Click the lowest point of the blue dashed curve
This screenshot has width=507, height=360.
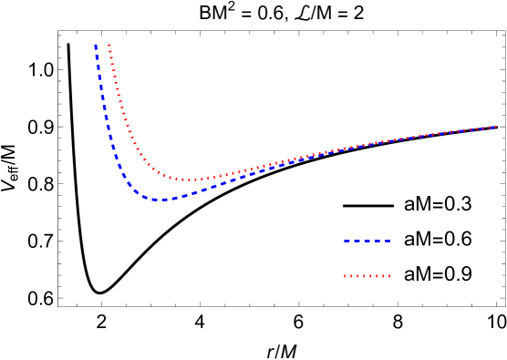click(160, 199)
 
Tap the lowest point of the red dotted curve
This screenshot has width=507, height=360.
click(190, 180)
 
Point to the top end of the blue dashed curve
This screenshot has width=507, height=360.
click(96, 45)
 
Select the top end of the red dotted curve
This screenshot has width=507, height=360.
click(109, 45)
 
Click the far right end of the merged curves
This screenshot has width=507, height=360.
click(495, 127)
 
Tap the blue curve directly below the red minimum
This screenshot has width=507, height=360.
click(190, 194)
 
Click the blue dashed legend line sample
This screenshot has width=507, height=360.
click(367, 241)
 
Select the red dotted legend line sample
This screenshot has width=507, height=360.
click(367, 275)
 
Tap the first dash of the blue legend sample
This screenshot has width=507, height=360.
click(347, 241)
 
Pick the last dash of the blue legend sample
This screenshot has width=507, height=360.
click(386, 241)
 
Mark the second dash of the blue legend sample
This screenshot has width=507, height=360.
click(357, 241)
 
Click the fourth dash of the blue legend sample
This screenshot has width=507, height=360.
click(376, 241)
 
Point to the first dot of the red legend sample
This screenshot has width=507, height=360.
click(346, 275)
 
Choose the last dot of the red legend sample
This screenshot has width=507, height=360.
click(388, 275)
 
